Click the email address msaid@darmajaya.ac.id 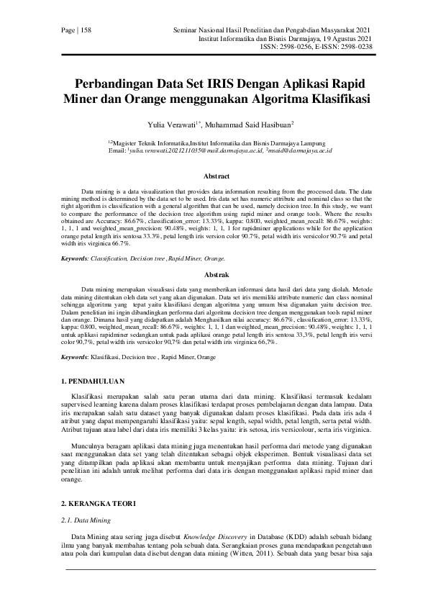coord(300,152)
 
